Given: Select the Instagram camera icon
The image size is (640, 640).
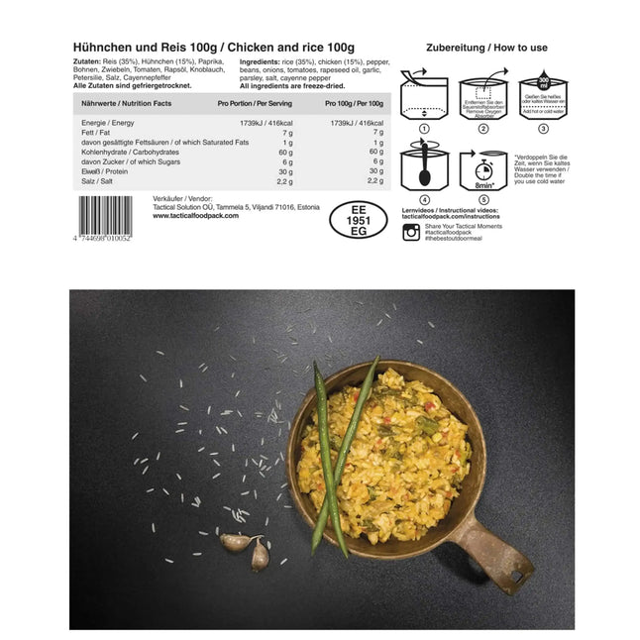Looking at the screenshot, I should click(411, 232).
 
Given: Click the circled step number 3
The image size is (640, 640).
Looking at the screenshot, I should click(542, 129).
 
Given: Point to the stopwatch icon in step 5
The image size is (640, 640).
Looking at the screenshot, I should click(484, 167).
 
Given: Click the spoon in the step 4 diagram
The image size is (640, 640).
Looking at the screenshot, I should click(425, 168).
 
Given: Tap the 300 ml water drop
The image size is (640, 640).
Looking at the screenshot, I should click(542, 83).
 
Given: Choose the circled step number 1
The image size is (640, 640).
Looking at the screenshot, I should click(424, 129).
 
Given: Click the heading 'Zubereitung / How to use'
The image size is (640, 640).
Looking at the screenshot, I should click(486, 48).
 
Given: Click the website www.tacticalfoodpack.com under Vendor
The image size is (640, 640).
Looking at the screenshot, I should click(196, 215).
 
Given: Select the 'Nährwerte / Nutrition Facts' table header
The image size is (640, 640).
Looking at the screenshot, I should click(128, 102).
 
